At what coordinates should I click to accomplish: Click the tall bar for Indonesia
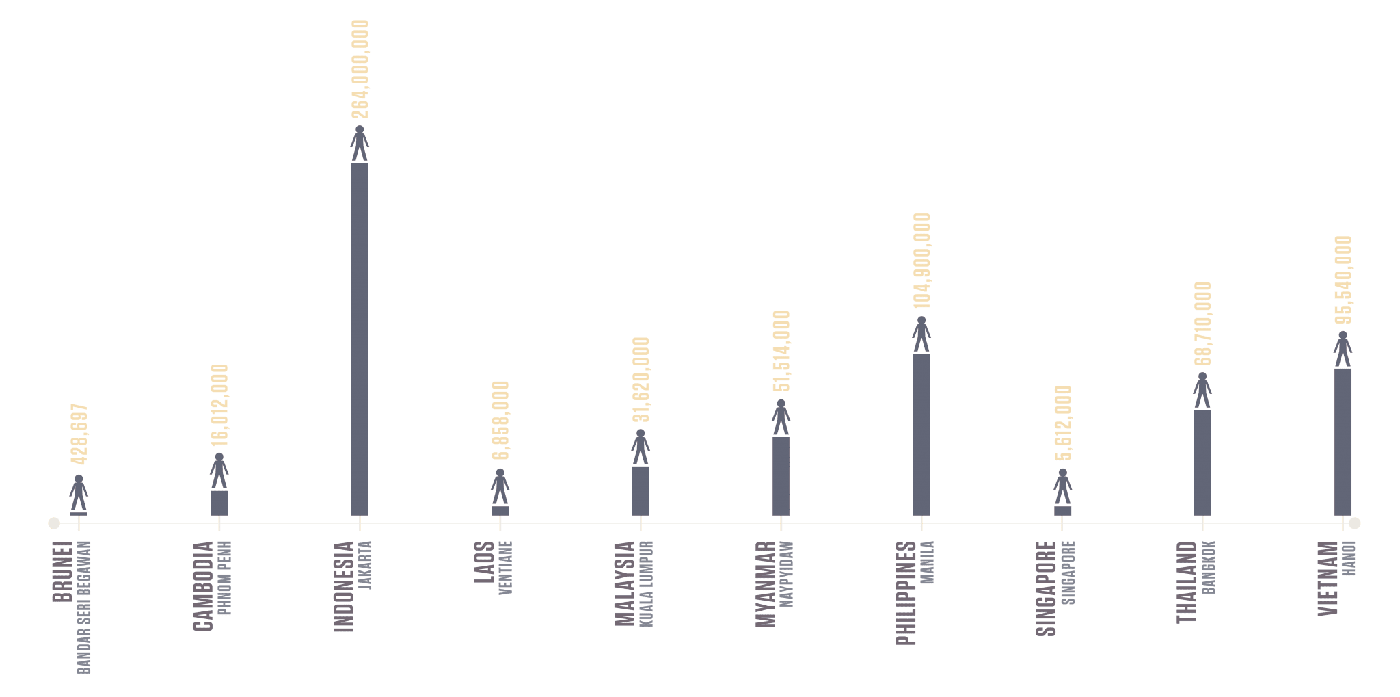(x=360, y=339)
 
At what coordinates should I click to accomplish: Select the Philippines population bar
(x=921, y=434)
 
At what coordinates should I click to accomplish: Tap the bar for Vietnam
(x=1343, y=442)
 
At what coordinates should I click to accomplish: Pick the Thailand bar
(x=1202, y=462)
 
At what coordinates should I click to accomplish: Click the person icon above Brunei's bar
(x=79, y=492)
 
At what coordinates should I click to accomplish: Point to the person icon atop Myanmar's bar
(x=781, y=417)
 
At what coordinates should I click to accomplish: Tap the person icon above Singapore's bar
(x=1062, y=486)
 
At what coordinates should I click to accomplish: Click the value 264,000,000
(x=360, y=68)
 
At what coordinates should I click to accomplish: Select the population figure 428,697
(x=79, y=434)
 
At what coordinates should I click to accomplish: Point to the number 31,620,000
(x=641, y=379)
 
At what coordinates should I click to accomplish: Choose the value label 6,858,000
(x=500, y=420)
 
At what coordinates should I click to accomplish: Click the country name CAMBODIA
(x=203, y=586)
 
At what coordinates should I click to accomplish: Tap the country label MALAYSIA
(x=625, y=583)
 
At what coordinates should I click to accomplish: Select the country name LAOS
(x=484, y=562)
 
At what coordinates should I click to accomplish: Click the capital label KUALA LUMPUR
(x=647, y=583)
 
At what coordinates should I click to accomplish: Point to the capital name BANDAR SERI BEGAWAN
(x=84, y=607)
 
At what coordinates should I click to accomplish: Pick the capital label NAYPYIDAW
(x=787, y=573)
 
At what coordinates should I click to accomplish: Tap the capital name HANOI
(x=1349, y=558)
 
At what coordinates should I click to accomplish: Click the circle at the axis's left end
(x=54, y=523)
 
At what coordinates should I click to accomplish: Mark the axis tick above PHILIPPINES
(x=921, y=523)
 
